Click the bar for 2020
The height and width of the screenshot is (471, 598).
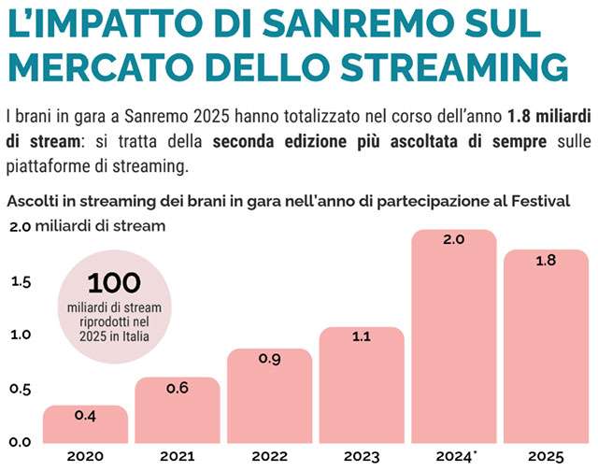85,425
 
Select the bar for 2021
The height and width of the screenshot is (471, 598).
177,411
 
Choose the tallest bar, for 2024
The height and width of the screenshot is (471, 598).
453,336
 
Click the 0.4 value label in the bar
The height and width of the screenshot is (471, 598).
85,415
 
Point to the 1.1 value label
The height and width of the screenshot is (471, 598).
361,337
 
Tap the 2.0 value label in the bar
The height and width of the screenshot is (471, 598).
453,240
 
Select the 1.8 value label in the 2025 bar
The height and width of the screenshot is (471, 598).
546,261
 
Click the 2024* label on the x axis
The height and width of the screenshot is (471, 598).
455,456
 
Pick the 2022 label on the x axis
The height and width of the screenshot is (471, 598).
269,456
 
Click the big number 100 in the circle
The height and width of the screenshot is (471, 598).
113,282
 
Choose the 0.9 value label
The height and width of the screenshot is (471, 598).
269,358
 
